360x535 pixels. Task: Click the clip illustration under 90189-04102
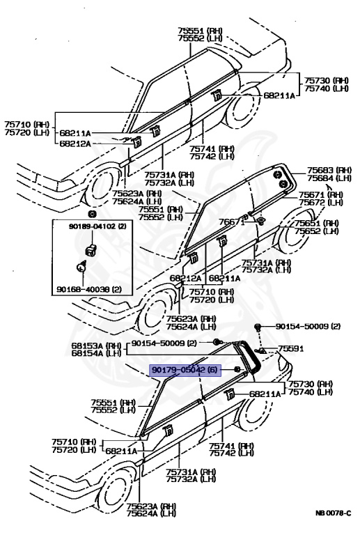point(89,249)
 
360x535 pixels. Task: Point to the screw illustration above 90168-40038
point(81,267)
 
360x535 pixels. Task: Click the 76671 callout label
point(233,222)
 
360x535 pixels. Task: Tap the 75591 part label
point(291,348)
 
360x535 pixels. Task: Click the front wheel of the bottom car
point(115,498)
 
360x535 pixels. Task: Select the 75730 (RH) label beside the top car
point(327,81)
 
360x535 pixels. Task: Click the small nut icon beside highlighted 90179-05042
point(237,369)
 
